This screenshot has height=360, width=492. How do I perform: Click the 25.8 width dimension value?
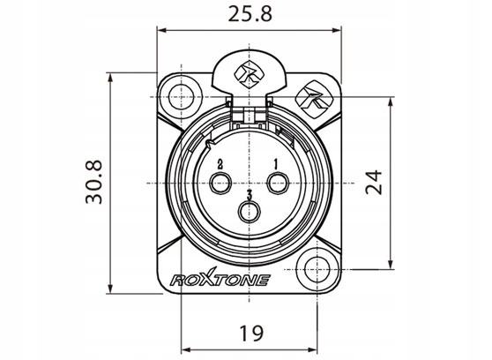[250, 14]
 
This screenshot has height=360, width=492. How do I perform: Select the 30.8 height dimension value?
[93, 182]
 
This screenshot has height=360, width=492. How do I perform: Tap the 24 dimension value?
[374, 183]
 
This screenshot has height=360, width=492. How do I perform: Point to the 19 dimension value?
[251, 334]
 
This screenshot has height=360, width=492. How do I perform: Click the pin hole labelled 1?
[278, 183]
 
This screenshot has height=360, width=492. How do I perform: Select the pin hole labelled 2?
[220, 183]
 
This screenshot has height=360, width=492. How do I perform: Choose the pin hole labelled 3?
[250, 212]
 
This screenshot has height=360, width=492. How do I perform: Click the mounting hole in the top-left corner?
[182, 97]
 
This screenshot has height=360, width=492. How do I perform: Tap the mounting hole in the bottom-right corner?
[317, 269]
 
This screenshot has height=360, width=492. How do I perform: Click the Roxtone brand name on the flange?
[220, 278]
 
